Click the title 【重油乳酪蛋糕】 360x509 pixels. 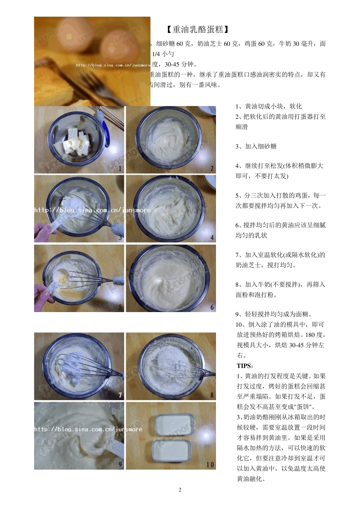tap(197, 29)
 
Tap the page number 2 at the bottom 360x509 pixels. tap(180, 490)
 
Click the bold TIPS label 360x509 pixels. tap(245, 366)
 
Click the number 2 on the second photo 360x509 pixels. tap(212, 169)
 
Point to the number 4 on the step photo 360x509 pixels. tap(212, 237)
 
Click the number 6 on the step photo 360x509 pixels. tap(212, 307)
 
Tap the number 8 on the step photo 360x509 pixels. tap(212, 395)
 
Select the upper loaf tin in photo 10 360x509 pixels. tap(175, 425)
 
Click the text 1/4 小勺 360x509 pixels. tap(163, 54)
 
